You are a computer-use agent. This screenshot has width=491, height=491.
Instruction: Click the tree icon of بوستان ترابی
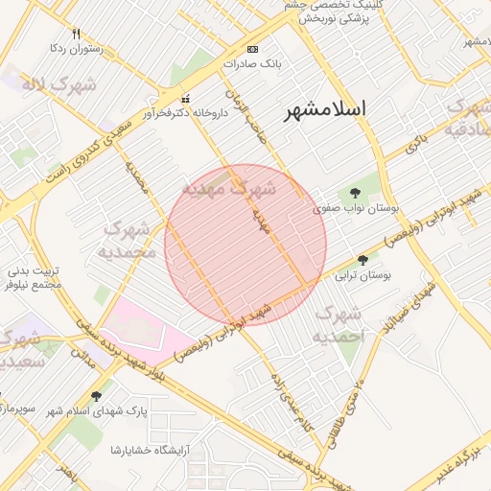pos(362,260)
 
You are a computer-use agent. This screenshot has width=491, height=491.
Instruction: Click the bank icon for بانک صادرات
pos(252,49)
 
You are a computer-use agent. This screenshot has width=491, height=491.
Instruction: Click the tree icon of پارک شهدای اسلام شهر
pos(96,395)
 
